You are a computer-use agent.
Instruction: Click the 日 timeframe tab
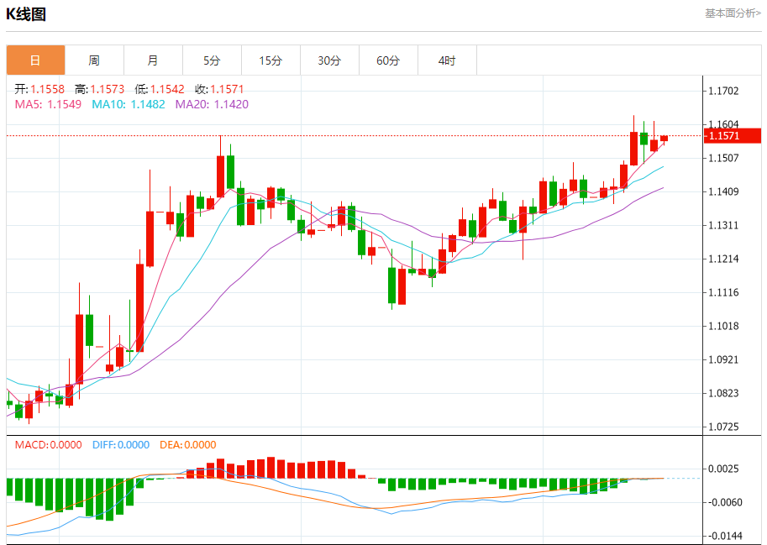coord(35,60)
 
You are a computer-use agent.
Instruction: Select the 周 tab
coord(94,60)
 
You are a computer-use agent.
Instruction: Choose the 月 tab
coord(153,60)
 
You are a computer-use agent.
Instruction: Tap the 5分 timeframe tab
coord(212,60)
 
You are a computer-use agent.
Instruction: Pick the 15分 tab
coord(271,60)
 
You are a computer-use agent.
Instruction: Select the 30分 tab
coord(329,60)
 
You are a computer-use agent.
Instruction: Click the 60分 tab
coord(388,60)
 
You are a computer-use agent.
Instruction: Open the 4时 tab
coord(447,60)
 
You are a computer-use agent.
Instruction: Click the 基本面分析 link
coord(733,13)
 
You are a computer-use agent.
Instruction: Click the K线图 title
coord(26,14)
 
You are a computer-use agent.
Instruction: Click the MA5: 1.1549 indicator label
coord(48,104)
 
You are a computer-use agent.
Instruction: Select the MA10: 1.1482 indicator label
coord(128,104)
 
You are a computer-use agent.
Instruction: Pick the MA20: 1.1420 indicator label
coord(212,104)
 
